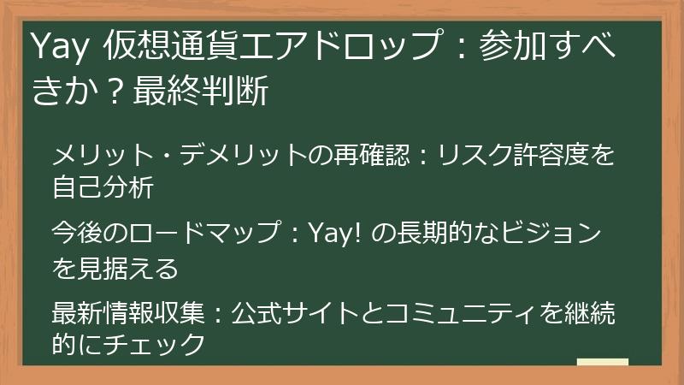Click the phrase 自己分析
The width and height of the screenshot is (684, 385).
coord(103,187)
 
